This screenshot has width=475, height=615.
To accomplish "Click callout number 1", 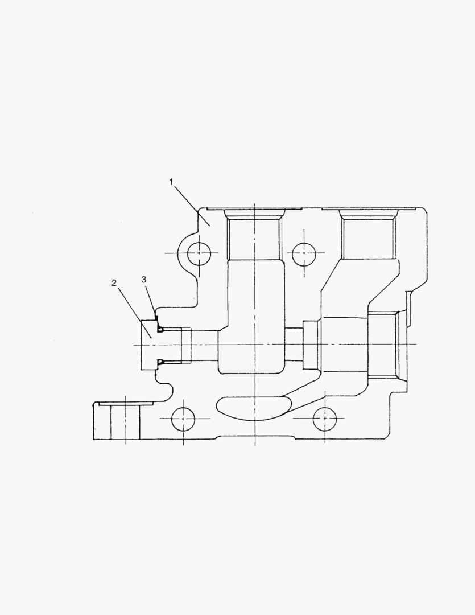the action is pos(171,182).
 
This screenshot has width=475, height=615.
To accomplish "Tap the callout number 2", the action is pos(114,282).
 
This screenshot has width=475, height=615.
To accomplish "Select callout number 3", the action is pos(144,279).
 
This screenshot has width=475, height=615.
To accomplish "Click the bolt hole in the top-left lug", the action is pos(199,253).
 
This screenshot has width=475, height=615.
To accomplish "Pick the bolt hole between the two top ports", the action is pos(304,253).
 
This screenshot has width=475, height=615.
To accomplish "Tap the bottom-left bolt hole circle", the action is pos(183,419).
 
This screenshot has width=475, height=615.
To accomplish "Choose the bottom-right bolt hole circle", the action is pos(324,419).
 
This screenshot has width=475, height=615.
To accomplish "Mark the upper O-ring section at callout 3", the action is pos(160,329).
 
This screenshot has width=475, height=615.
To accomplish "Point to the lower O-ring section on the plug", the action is pos(160,361).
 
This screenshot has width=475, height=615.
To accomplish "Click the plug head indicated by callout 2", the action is pos(148,345).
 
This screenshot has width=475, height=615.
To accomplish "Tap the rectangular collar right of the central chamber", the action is pos(311,345).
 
